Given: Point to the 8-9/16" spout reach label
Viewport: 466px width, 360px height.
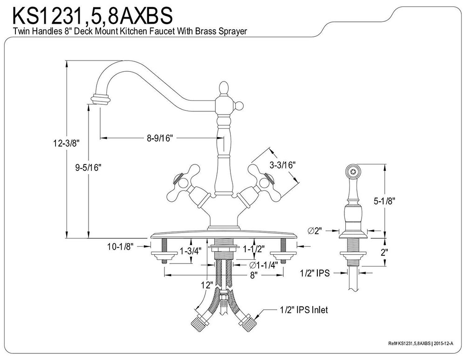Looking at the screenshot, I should pyautogui.click(x=159, y=138).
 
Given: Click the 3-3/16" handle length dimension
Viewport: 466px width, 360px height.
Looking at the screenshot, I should pyautogui.click(x=282, y=164).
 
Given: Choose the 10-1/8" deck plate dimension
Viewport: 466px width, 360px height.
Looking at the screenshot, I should pyautogui.click(x=120, y=246).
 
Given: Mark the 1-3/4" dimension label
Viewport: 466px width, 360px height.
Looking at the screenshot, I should pyautogui.click(x=190, y=252).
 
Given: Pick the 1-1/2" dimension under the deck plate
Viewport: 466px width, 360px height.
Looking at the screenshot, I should pyautogui.click(x=254, y=249).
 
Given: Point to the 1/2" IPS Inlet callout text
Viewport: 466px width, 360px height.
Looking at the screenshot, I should pyautogui.click(x=304, y=309).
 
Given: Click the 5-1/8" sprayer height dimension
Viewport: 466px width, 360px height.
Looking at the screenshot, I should pyautogui.click(x=397, y=201).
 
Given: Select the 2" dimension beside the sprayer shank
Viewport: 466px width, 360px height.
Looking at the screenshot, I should pyautogui.click(x=397, y=252).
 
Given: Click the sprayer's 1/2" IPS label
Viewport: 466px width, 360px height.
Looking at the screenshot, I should pyautogui.click(x=315, y=273).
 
